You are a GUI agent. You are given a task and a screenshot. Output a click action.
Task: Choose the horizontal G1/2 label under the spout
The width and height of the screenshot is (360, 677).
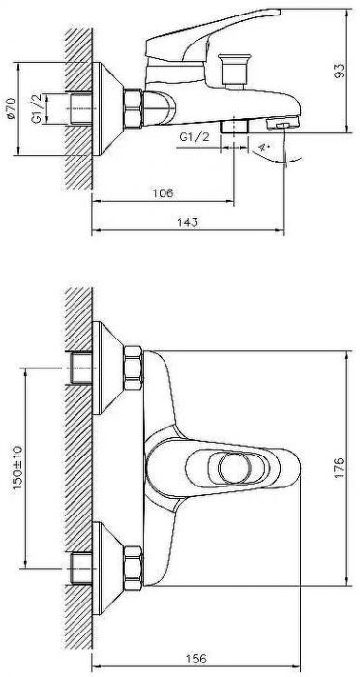coord(193,138)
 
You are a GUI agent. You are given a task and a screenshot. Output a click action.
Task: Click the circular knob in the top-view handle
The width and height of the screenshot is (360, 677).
coord(232,471)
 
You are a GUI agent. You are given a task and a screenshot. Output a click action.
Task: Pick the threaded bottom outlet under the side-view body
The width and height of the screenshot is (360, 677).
coord(232,126)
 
